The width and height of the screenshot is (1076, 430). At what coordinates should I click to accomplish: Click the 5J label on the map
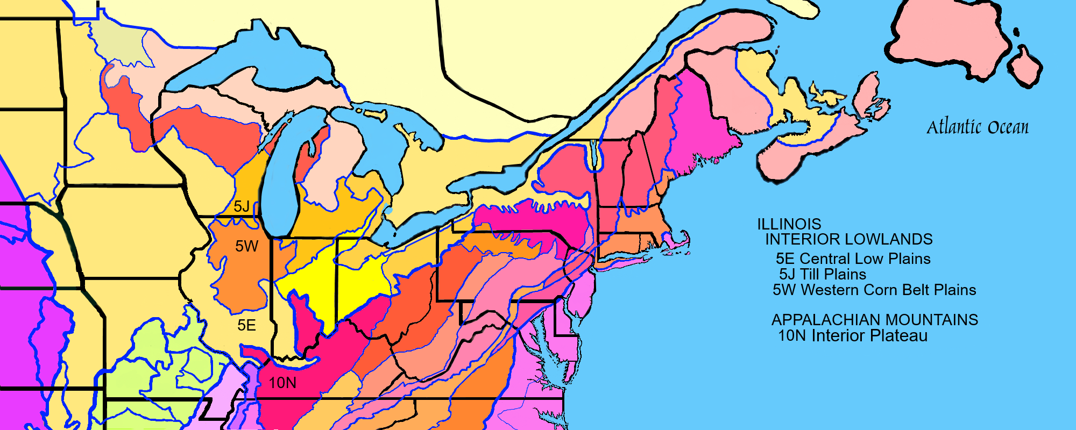click(242, 206)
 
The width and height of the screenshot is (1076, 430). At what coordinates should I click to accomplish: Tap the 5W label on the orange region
click(247, 246)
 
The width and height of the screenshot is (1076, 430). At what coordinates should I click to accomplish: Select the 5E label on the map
click(246, 325)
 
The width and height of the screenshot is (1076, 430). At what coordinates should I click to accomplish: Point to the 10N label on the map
click(282, 383)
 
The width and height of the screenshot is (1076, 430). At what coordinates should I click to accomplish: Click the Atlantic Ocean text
click(977, 127)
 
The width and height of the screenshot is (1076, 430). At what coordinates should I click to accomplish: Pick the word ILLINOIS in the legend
click(789, 224)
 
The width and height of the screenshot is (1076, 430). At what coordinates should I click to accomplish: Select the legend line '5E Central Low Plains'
click(853, 259)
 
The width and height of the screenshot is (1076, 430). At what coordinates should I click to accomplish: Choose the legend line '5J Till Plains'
click(823, 274)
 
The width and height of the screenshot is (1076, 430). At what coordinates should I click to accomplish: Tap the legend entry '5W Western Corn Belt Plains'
click(874, 290)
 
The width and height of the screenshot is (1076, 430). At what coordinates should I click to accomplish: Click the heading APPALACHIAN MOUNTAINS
click(875, 320)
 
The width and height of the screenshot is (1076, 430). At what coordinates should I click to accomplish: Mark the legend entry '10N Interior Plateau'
click(853, 336)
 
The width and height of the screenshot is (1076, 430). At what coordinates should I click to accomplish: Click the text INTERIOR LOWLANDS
click(849, 239)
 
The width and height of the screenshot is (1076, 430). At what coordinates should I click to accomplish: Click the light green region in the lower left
click(156, 365)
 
